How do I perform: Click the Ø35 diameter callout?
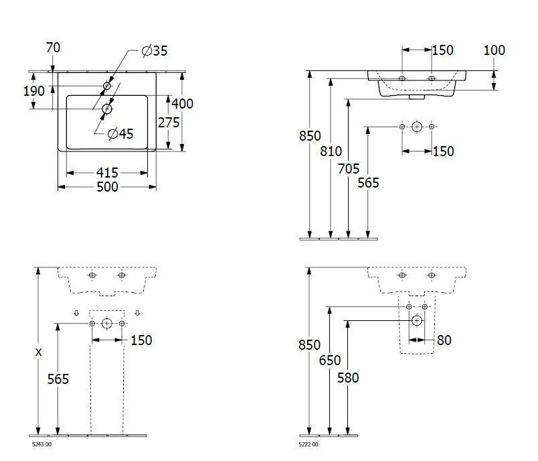pyautogui.click(x=155, y=51)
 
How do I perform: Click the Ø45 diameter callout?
pyautogui.click(x=120, y=133)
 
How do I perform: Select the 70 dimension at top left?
pyautogui.click(x=53, y=48)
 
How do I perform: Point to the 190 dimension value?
pyautogui.click(x=34, y=91)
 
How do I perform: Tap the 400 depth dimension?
pyautogui.click(x=182, y=103)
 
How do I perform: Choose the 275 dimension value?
pyautogui.click(x=169, y=123)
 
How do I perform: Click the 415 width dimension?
pyautogui.click(x=107, y=172)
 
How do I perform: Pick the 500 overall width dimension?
pyautogui.click(x=107, y=187)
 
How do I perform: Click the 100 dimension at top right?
pyautogui.click(x=494, y=50)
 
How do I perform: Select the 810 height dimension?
pyautogui.click(x=331, y=151)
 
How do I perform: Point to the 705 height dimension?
pyautogui.click(x=349, y=169)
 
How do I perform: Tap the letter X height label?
pyautogui.click(x=38, y=352)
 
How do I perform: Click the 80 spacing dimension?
pyautogui.click(x=444, y=340)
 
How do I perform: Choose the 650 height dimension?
pyautogui.click(x=330, y=360)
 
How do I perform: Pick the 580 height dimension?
pyautogui.click(x=348, y=378)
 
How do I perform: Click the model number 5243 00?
pyautogui.click(x=42, y=444)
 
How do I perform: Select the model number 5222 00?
pyautogui.click(x=308, y=444)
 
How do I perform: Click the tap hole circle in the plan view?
pyautogui.click(x=107, y=86)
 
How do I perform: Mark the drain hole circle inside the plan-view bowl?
pyautogui.click(x=106, y=109)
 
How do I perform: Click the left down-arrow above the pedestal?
pyautogui.click(x=76, y=313)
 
